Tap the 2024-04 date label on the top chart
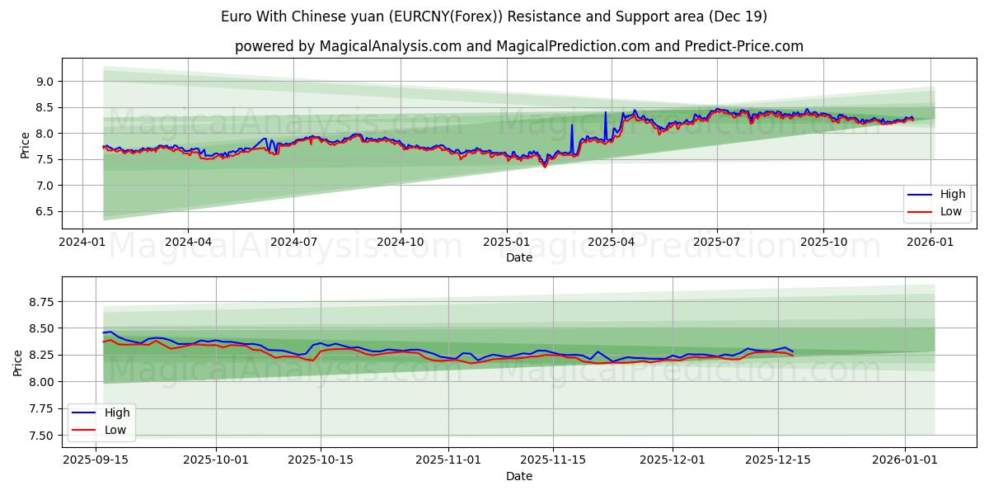(x=188, y=241)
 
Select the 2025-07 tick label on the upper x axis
(x=717, y=241)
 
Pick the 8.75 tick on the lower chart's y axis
(x=38, y=302)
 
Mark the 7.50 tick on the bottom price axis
(x=38, y=436)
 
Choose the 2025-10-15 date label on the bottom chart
(x=321, y=460)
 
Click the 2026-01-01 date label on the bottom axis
(x=905, y=460)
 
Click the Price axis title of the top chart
(x=25, y=144)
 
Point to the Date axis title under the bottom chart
(x=519, y=476)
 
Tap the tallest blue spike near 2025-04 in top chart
(x=605, y=113)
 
